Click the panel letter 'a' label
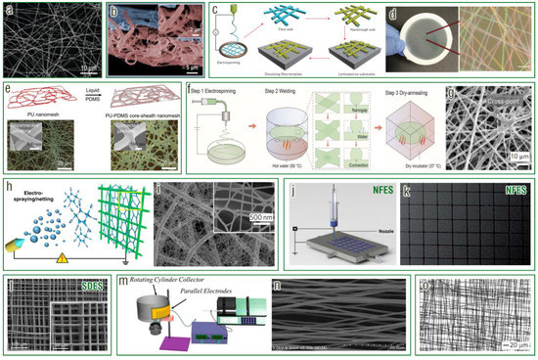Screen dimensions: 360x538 click(9, 9)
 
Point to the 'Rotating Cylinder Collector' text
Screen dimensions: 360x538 click(170, 283)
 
